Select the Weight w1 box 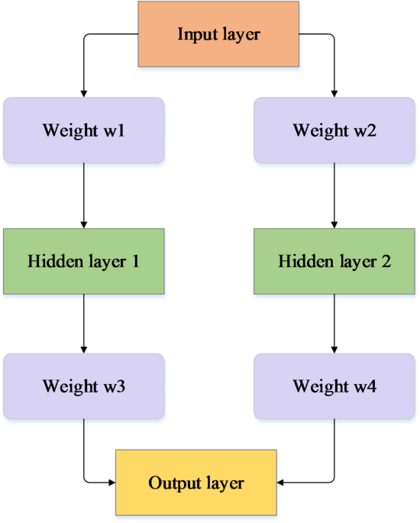(84, 130)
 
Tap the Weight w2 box (334, 130)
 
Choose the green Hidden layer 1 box (84, 261)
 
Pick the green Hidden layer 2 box (334, 261)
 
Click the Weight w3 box (84, 386)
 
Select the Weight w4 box (334, 386)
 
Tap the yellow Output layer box (196, 483)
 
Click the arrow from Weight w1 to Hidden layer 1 (84, 195)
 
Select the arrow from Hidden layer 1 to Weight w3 (84, 324)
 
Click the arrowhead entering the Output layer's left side (111, 483)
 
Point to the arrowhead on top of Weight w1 (84, 93)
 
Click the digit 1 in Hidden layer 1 (135, 261)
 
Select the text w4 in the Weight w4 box (367, 386)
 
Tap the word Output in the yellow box (173, 483)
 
